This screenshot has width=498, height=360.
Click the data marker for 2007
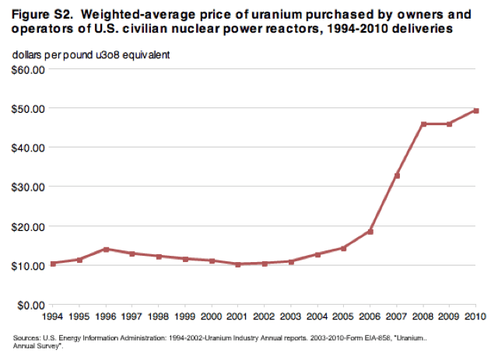tap(397, 176)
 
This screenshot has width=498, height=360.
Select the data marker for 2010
tap(477, 110)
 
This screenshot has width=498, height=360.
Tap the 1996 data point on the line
tap(105, 249)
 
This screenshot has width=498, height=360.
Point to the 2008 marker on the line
tap(423, 124)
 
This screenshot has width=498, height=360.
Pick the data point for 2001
tap(238, 264)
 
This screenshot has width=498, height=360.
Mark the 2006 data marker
tap(370, 232)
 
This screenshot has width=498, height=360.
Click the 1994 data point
tap(52, 264)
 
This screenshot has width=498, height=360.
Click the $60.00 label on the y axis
tap(29, 68)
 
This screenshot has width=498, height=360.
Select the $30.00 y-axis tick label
tap(29, 187)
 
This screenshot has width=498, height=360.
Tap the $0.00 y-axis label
tap(31, 305)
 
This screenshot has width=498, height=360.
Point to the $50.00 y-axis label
tap(29, 108)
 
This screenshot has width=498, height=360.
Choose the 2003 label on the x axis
tap(291, 316)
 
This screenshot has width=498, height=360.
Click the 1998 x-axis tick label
tap(159, 316)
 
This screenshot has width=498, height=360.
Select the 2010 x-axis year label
tap(476, 316)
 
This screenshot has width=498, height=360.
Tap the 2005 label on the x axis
tap(344, 316)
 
